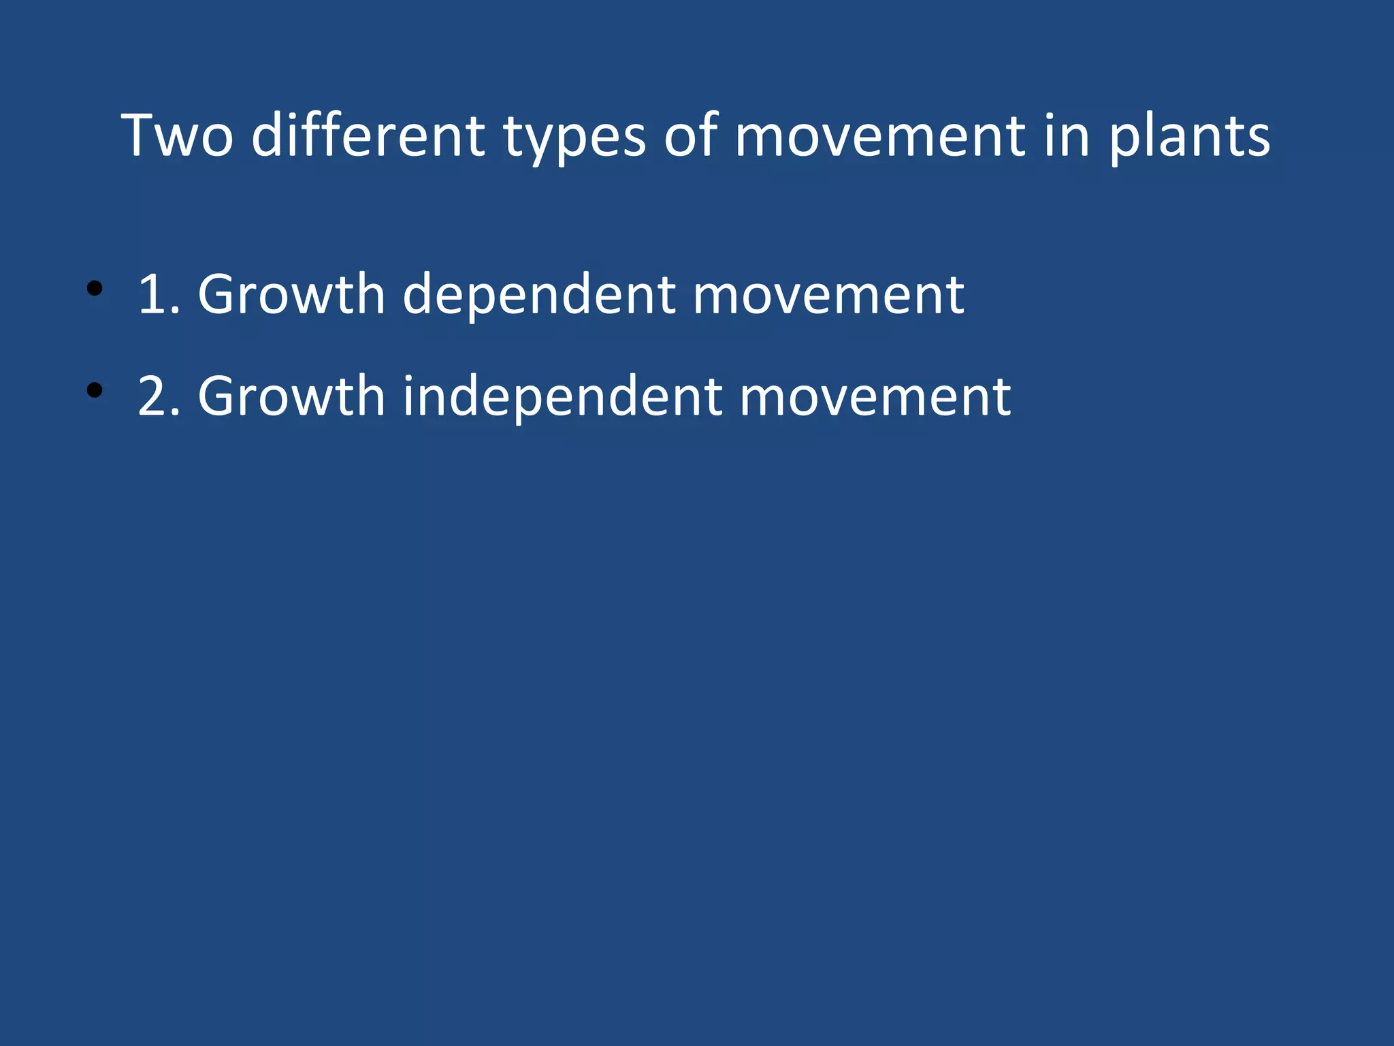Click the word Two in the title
click(177, 136)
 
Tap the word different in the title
click(368, 136)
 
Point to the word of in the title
click(691, 136)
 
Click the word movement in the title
click(879, 136)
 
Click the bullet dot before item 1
click(95, 289)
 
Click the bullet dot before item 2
click(95, 391)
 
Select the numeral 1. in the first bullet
click(159, 294)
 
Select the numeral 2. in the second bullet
click(159, 396)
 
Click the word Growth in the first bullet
click(291, 294)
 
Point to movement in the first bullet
click(828, 294)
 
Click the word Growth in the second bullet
click(291, 396)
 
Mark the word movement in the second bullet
click(875, 396)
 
